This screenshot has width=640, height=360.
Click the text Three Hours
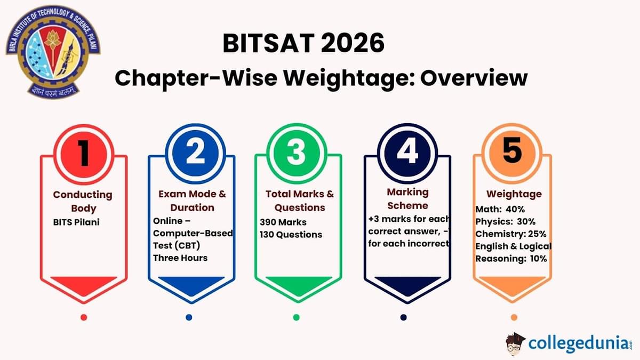[180, 258]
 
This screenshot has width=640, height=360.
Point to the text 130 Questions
[291, 234]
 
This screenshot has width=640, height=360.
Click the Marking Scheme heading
[408, 198]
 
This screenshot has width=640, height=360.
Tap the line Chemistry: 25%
[510, 234]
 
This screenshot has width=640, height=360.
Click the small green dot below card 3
[297, 317]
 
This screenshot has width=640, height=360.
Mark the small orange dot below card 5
[514, 317]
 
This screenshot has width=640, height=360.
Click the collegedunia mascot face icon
[515, 343]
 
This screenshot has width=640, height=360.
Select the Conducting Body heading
[83, 201]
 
